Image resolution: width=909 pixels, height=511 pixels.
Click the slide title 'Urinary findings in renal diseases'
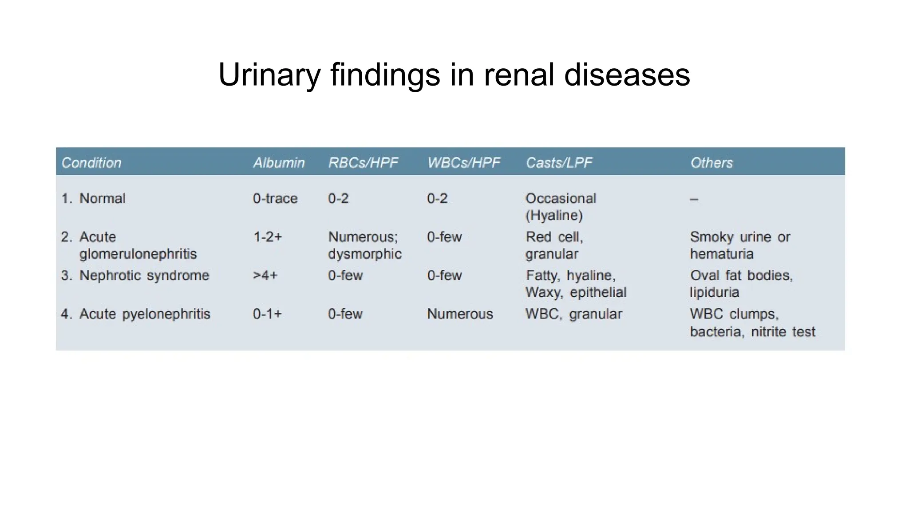(x=454, y=75)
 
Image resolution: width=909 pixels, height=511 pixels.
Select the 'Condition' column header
(x=91, y=163)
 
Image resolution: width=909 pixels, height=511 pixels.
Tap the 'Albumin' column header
(x=279, y=163)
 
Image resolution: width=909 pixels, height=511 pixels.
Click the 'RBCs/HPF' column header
(x=363, y=163)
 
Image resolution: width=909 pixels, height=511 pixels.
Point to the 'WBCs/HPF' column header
(x=463, y=163)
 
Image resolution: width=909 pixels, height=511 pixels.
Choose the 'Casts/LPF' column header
(x=559, y=163)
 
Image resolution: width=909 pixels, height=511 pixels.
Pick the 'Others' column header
(x=711, y=163)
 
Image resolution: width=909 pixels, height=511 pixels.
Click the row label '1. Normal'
(x=93, y=198)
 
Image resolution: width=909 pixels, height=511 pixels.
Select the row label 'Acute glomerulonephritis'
(x=138, y=245)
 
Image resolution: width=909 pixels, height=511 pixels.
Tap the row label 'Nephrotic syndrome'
(x=144, y=275)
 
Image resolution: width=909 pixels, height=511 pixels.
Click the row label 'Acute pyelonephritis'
(x=145, y=314)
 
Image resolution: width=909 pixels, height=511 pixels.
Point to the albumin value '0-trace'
(x=275, y=198)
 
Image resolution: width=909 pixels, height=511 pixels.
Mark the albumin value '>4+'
(x=265, y=275)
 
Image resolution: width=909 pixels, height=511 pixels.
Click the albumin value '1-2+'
(x=267, y=237)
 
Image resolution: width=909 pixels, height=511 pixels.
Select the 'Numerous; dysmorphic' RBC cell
(x=364, y=245)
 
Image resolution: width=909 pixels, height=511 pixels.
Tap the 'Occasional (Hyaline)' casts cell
(x=561, y=207)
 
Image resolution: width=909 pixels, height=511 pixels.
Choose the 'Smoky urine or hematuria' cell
(x=740, y=245)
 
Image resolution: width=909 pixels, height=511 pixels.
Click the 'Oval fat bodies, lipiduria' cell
(x=741, y=284)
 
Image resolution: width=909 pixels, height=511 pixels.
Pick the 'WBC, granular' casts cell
(x=573, y=314)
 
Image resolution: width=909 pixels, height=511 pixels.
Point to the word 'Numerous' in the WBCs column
(x=460, y=314)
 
